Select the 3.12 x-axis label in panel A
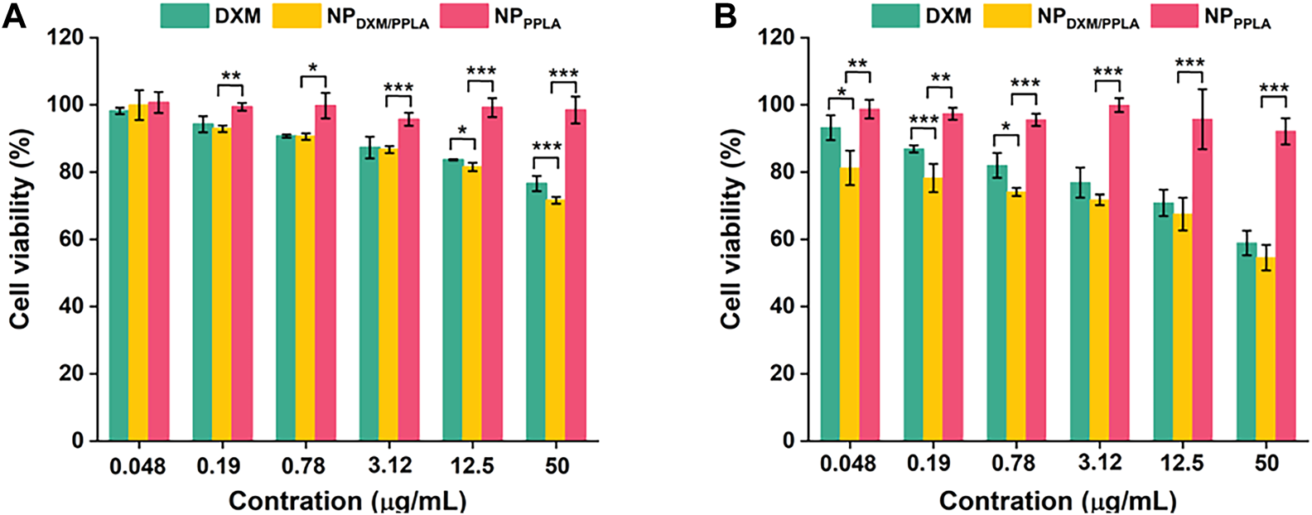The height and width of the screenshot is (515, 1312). click(x=390, y=466)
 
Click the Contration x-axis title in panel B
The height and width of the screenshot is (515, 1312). click(x=1057, y=500)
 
